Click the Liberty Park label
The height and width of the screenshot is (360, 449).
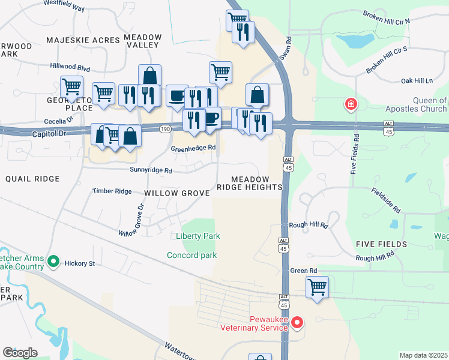point(197,236)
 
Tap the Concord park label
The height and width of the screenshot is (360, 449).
point(191,256)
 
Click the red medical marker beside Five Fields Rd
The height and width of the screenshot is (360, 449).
point(350,106)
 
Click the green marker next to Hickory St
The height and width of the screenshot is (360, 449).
point(53,262)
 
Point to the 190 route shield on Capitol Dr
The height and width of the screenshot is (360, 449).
point(166,129)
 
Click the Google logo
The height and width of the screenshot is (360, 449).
point(20,352)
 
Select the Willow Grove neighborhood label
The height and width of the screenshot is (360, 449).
point(176,193)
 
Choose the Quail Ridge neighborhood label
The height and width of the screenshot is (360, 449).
point(32,179)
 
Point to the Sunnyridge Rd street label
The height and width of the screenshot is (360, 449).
point(151,170)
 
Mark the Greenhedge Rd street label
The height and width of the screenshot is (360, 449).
point(193,148)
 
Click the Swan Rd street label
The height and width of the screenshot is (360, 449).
point(285,49)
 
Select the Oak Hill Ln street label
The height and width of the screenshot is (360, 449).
point(417,80)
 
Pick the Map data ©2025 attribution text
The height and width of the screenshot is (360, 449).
point(423,355)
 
